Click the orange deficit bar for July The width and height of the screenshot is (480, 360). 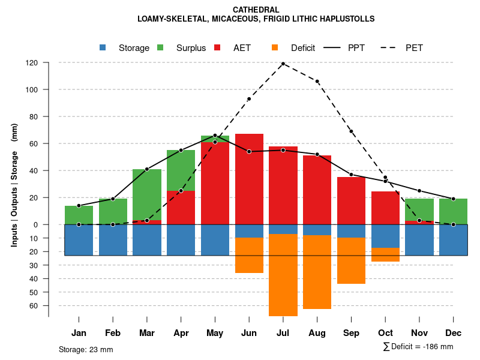(283, 275)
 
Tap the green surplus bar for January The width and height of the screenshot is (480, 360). (79, 215)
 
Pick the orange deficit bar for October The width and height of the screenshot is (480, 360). (385, 254)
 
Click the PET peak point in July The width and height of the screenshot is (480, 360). (283, 64)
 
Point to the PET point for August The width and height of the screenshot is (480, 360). (317, 81)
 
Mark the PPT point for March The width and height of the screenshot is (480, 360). (147, 169)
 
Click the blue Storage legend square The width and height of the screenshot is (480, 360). (103, 47)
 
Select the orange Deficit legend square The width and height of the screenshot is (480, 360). (275, 47)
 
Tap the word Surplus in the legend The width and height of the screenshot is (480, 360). (191, 48)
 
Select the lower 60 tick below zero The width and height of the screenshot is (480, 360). (35, 305)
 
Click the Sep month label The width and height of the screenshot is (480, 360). (351, 333)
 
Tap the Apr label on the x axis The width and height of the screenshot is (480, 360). (181, 333)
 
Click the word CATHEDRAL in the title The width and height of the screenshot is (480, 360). (256, 10)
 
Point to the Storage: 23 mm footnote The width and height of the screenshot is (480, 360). (86, 349)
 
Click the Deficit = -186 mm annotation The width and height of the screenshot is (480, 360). (418, 347)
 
